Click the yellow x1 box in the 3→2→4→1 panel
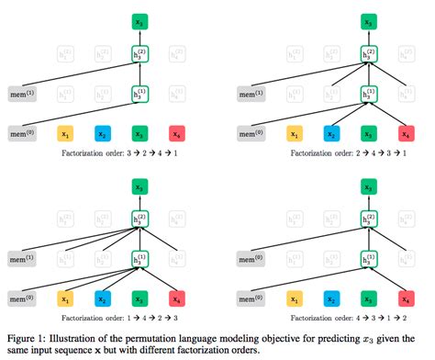64,132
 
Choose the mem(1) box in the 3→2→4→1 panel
21,94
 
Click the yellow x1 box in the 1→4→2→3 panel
64,298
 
